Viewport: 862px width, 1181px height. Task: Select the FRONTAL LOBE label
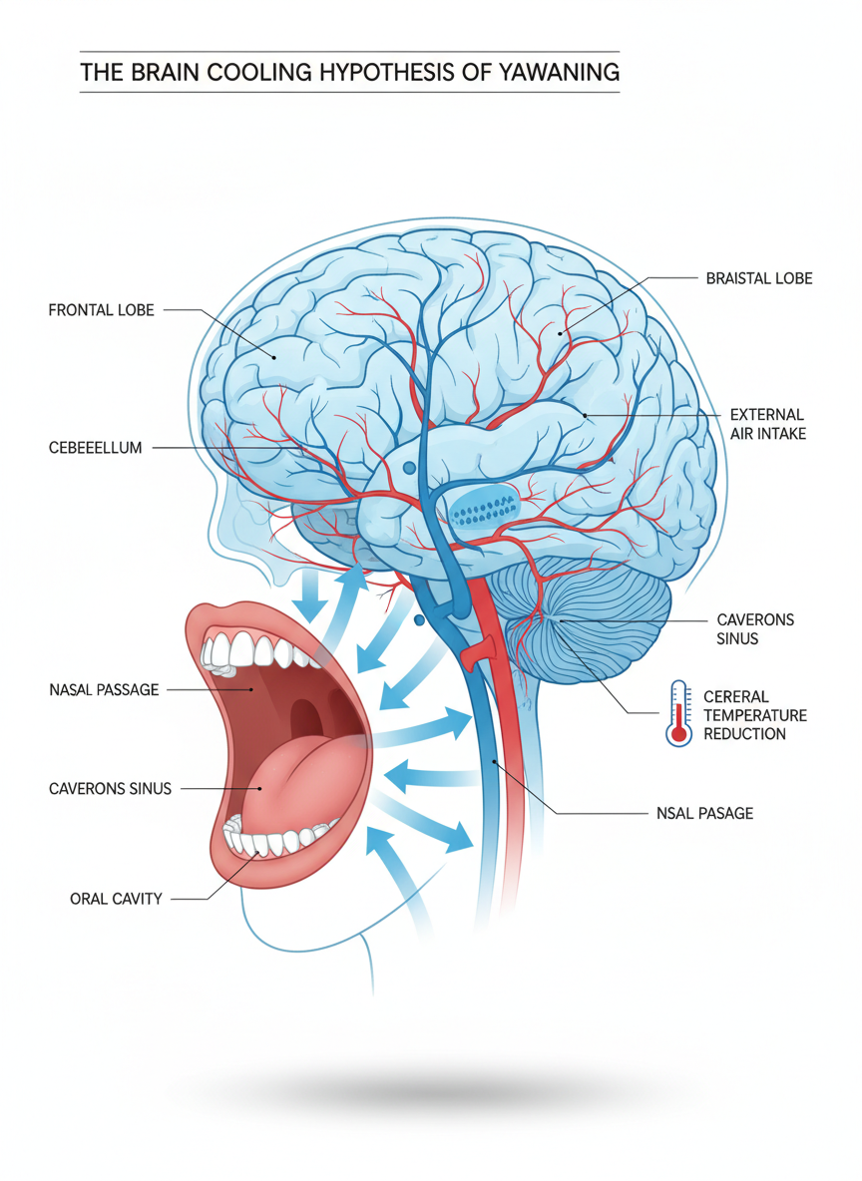coord(101,310)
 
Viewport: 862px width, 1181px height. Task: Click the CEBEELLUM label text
coord(95,448)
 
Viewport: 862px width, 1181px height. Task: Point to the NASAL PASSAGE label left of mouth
coord(103,689)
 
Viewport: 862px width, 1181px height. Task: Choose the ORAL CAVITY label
coord(116,899)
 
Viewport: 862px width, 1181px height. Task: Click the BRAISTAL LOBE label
coord(758,278)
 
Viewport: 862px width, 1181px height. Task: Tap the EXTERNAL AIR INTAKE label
coord(767,424)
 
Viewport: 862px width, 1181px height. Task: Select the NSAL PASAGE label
coord(704,813)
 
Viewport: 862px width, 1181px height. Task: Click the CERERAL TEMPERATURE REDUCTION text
coord(754,714)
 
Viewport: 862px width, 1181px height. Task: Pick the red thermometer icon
coord(679,714)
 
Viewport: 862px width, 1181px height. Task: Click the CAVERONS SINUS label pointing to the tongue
coord(110,788)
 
